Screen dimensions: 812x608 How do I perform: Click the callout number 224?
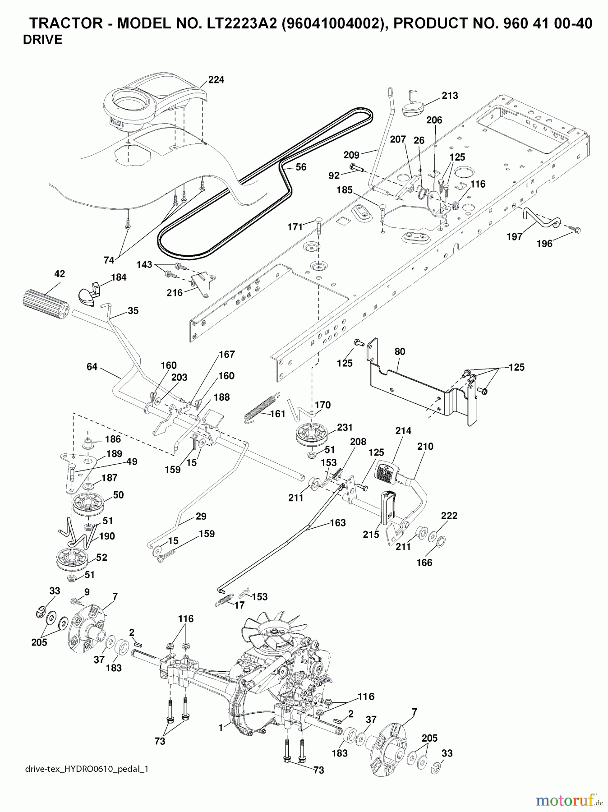click(x=216, y=80)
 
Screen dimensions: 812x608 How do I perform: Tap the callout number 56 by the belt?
click(x=301, y=167)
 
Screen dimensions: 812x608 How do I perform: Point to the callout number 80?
click(x=400, y=351)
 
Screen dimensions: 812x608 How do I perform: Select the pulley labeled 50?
click(x=88, y=504)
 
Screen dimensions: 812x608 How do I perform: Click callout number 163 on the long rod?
click(x=338, y=523)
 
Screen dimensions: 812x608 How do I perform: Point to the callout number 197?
click(x=514, y=236)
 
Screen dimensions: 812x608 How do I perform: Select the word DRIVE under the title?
click(x=42, y=40)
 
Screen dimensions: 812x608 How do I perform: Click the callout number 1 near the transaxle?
click(x=221, y=728)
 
